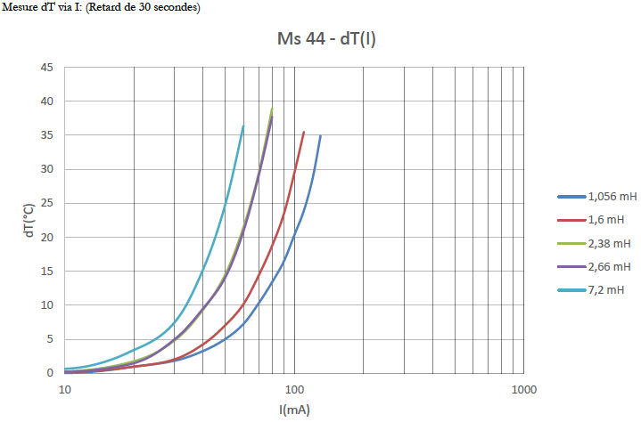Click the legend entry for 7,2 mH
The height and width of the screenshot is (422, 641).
[605, 289]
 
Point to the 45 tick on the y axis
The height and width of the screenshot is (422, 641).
[47, 68]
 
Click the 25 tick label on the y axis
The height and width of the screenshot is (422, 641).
[47, 203]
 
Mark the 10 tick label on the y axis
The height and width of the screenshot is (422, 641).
[47, 304]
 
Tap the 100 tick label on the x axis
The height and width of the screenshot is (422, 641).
[294, 389]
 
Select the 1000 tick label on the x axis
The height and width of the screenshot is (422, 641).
[523, 389]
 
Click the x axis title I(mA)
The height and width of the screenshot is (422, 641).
[294, 410]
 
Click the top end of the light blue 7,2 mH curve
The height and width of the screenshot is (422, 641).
[242, 126]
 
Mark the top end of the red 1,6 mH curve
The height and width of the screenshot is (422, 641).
[304, 132]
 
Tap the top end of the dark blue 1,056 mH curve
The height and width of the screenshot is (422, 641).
[320, 135]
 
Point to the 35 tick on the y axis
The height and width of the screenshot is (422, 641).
[47, 135]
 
